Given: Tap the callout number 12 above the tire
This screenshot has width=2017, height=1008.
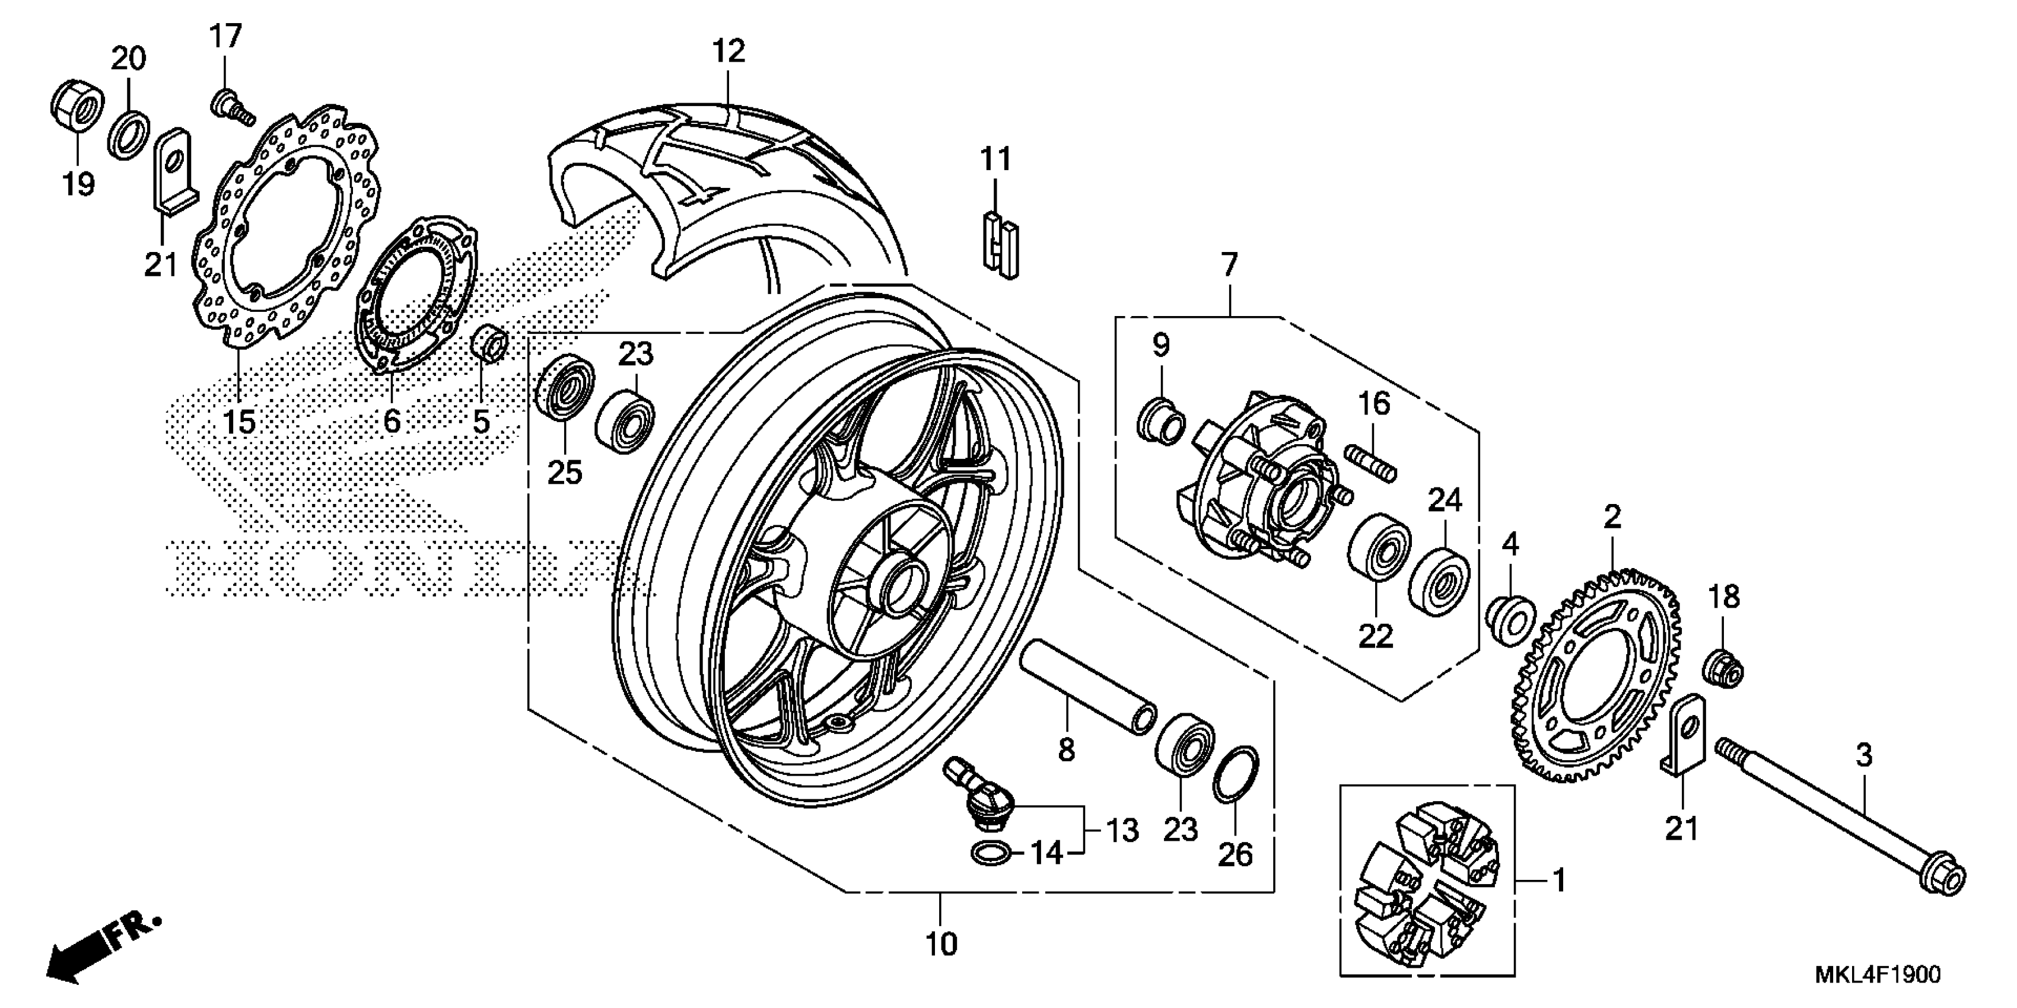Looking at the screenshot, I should click(728, 51).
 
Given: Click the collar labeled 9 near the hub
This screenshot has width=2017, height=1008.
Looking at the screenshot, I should click(1160, 423).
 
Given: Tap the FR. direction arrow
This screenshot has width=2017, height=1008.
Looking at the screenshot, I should click(102, 947).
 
